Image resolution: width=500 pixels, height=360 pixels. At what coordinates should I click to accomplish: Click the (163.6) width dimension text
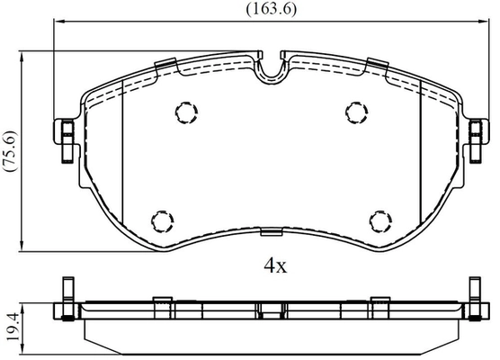(x=272, y=9)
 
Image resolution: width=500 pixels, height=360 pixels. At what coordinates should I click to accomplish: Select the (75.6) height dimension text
(x=11, y=150)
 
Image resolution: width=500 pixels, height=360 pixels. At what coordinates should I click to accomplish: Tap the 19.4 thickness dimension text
(x=12, y=326)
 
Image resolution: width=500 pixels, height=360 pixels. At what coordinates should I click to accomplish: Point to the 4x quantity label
(x=275, y=265)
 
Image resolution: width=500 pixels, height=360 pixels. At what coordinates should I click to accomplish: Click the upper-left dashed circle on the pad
(x=186, y=112)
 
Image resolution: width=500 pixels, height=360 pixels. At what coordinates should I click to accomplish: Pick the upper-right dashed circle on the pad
(x=357, y=112)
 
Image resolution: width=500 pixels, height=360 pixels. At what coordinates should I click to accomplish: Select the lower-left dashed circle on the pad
(x=162, y=221)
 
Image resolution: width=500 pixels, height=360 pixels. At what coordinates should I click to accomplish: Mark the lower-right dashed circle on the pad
(x=380, y=221)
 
